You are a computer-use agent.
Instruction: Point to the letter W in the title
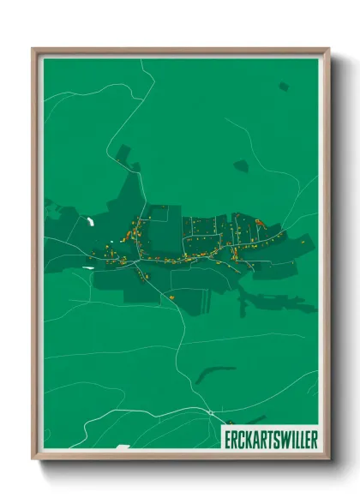pyautogui.click(x=284, y=436)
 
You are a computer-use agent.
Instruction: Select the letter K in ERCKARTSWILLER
pyautogui.click(x=247, y=436)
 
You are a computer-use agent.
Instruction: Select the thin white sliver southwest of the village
pyautogui.click(x=87, y=267)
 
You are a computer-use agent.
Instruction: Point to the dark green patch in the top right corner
pyautogui.click(x=283, y=87)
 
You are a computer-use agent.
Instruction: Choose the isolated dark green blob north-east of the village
pyautogui.click(x=241, y=165)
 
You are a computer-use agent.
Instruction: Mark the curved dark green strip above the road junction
pyautogui.click(x=214, y=374)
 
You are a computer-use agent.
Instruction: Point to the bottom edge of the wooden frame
pyautogui.click(x=180, y=455)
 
